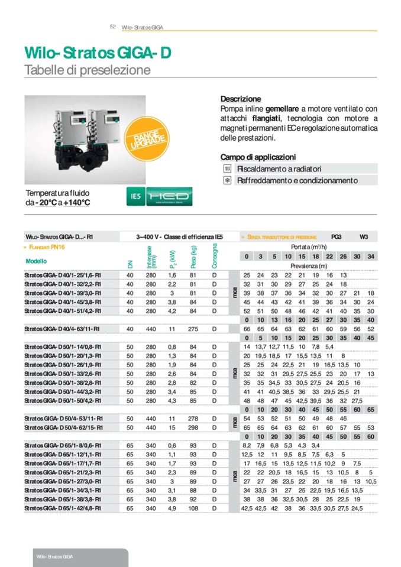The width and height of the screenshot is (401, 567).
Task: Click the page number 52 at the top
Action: tap(112, 27)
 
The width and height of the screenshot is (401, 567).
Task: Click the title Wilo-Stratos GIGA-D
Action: tap(98, 53)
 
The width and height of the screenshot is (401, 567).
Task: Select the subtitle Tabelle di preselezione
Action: tap(87, 70)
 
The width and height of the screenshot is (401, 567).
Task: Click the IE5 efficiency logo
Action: tap(137, 196)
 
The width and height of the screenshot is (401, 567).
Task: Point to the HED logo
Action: tap(169, 196)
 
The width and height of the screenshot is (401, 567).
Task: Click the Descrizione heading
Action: tap(241, 99)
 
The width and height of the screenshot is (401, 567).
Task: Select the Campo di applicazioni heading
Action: tap(258, 157)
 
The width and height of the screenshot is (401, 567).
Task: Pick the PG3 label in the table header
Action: tap(336, 236)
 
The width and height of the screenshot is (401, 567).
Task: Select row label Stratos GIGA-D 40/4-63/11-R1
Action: tap(62, 329)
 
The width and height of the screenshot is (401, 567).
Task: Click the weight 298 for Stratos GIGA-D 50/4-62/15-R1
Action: tap(192, 427)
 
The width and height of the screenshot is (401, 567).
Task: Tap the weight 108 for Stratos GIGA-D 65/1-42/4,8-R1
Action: tap(192, 508)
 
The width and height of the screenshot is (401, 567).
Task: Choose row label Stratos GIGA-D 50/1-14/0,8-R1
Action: tap(62, 346)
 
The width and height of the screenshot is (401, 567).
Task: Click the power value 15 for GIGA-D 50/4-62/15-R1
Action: tap(172, 427)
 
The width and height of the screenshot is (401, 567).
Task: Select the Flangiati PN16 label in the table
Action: tap(51, 247)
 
